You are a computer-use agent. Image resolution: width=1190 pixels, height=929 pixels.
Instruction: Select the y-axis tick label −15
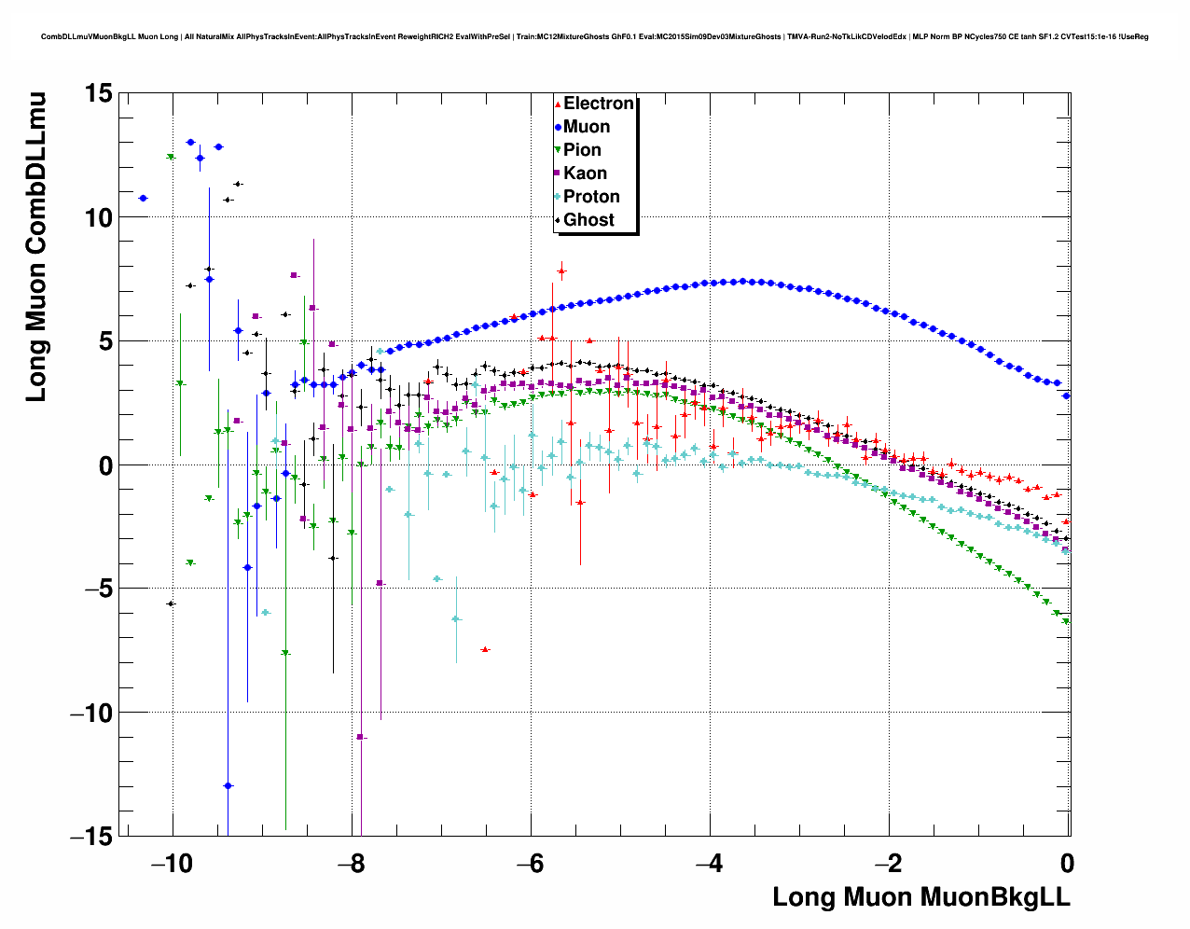point(90,836)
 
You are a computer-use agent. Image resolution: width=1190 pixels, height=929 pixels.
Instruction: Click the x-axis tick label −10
point(173,863)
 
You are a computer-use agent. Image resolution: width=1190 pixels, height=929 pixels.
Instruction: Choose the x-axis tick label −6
point(531,863)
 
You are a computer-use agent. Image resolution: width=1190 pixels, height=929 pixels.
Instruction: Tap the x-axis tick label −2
point(889,863)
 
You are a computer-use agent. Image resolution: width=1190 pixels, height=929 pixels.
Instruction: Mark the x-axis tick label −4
point(710,863)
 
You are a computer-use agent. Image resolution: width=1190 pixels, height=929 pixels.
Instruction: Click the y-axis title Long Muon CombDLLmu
point(35,247)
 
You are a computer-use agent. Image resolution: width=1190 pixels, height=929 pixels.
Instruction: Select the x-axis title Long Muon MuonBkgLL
point(921,897)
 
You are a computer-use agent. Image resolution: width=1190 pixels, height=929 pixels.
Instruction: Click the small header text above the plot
point(595,37)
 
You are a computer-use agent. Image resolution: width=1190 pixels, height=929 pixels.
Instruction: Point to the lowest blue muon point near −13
point(228,786)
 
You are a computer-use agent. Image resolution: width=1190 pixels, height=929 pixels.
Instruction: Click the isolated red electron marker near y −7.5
point(485,649)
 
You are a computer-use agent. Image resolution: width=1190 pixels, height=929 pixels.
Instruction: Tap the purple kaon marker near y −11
point(360,737)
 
